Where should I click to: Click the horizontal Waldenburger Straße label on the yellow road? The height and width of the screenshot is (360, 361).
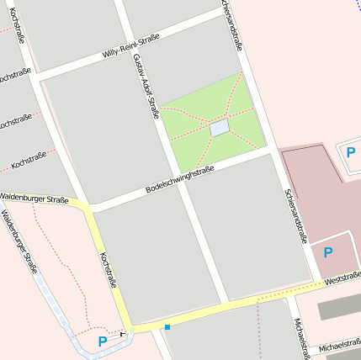click(x=35, y=200)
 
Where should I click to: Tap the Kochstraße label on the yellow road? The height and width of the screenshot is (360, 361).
click(x=108, y=270)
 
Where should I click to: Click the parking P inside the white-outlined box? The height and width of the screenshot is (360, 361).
click(x=351, y=151)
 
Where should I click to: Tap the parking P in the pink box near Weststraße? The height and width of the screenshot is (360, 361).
click(x=328, y=251)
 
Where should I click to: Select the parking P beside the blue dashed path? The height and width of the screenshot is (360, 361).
click(x=103, y=341)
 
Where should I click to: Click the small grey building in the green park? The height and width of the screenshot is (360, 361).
click(x=219, y=129)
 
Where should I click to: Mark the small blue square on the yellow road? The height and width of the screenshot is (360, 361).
click(x=167, y=326)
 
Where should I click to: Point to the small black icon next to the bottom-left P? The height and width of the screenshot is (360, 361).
click(x=123, y=333)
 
